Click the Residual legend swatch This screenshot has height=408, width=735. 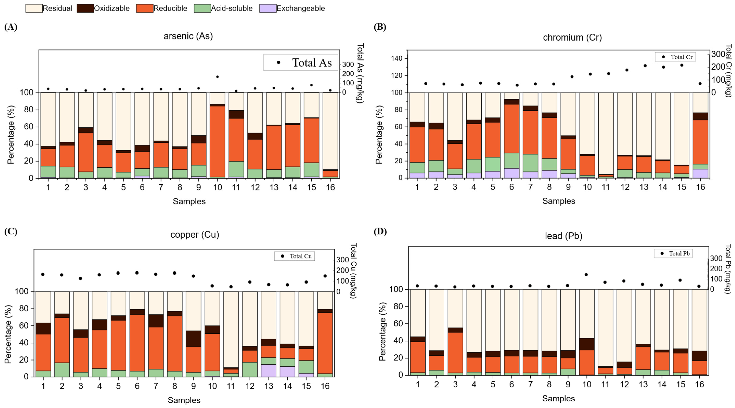pos(34,8)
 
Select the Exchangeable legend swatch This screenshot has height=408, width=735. pos(268,8)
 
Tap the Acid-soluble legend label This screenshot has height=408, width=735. pos(232,8)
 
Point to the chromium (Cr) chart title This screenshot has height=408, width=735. pos(572,37)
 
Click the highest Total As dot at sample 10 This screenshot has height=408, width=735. pos(217,77)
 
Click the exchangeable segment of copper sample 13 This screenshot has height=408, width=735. pos(269,370)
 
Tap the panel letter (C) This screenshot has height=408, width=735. pos(11,231)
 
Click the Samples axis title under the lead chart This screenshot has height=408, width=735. pos(558,399)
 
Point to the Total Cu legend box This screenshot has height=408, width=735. pos(294,256)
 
